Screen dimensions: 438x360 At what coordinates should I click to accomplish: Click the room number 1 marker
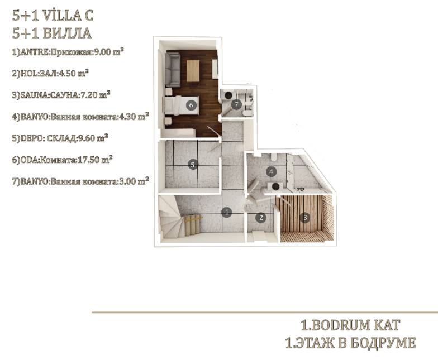[x=227, y=212]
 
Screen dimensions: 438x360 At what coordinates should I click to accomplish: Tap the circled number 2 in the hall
[x=261, y=218]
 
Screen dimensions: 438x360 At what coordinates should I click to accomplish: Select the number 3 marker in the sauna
[x=305, y=217]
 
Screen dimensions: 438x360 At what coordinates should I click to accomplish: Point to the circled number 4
[x=271, y=172]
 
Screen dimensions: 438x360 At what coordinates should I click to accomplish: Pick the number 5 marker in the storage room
[x=193, y=165]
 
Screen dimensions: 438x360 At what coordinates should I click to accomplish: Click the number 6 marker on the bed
[x=191, y=105]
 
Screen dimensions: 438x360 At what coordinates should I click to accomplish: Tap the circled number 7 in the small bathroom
[x=237, y=105]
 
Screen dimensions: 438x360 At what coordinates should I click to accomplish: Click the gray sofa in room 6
[x=172, y=69]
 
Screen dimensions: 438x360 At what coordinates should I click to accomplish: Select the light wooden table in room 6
[x=193, y=71]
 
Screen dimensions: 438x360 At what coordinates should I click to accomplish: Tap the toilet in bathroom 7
[x=247, y=113]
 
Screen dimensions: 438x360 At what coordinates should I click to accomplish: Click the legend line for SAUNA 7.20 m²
[x=61, y=95]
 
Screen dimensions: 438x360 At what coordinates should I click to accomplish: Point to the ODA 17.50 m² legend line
[x=62, y=160]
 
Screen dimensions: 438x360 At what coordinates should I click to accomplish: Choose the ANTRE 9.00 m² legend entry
[x=68, y=51]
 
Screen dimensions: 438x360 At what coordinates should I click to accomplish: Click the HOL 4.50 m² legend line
[x=50, y=73]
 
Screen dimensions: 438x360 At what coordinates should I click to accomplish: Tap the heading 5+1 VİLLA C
[x=53, y=16]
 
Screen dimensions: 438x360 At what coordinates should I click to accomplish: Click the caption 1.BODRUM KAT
[x=350, y=325]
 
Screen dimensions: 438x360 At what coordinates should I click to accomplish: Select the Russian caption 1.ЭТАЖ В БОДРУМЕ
[x=351, y=343]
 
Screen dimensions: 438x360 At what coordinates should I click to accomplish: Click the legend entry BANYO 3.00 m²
[x=80, y=181]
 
